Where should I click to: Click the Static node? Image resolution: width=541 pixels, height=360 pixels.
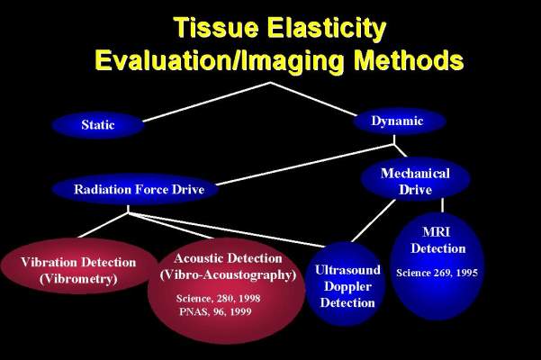pos(97,124)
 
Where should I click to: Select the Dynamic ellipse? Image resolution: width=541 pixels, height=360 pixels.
pos(396,121)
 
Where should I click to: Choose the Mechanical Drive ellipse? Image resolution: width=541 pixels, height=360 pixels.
pos(403,177)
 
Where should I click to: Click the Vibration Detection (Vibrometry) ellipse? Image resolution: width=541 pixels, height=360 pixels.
pos(78,269)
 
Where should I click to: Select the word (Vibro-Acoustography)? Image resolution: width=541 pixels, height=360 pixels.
pos(228,274)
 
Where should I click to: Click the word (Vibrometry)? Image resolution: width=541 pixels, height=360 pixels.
pos(78,278)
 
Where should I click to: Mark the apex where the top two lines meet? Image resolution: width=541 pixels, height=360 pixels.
pos(270,83)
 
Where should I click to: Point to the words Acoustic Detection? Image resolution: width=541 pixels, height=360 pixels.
pos(228,257)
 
